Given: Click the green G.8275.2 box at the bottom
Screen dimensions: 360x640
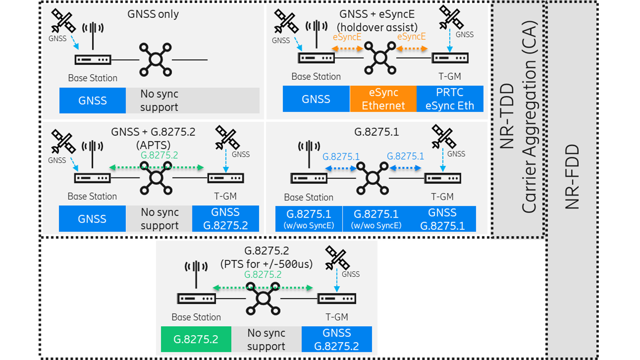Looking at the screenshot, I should (x=196, y=339).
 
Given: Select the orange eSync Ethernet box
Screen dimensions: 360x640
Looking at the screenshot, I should (x=383, y=99).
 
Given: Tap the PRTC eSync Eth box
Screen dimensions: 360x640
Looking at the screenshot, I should (x=450, y=99).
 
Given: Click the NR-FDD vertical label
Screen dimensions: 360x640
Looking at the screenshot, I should (x=572, y=177).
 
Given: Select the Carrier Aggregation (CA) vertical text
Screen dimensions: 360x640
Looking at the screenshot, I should (x=529, y=117).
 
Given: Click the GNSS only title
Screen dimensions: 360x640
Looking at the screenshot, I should (x=153, y=14).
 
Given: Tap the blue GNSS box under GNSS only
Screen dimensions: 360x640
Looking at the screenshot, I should (x=92, y=101).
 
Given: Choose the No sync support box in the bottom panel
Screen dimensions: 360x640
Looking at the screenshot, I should (x=266, y=340).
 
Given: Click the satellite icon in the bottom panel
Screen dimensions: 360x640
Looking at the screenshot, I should (x=337, y=258).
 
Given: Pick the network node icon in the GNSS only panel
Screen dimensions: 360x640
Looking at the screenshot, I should (x=156, y=60).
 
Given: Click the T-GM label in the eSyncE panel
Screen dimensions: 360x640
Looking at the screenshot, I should (x=450, y=76).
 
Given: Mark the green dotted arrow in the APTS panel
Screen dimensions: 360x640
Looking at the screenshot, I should (x=156, y=168).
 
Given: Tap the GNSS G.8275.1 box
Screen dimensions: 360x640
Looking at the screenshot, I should (x=442, y=219).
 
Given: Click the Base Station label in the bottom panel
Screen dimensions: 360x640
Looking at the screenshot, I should (x=196, y=317).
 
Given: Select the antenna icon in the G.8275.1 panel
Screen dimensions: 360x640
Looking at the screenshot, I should (x=309, y=154).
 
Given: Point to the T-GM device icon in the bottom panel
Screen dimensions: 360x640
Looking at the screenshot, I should (x=337, y=299).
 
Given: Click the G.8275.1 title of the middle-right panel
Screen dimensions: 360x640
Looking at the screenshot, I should (x=376, y=132).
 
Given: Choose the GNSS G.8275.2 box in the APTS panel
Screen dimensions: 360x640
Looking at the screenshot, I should (x=225, y=219).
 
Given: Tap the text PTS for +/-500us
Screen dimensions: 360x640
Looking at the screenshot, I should (x=266, y=264).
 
